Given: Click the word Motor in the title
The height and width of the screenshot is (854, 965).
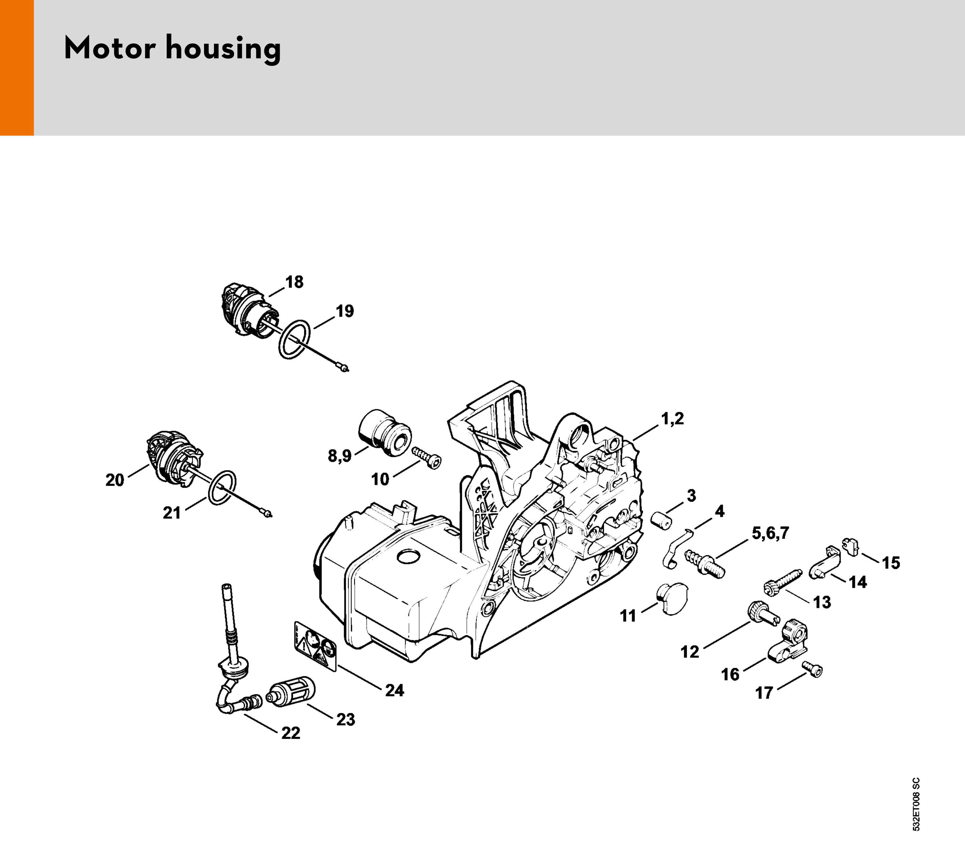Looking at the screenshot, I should click(x=110, y=48).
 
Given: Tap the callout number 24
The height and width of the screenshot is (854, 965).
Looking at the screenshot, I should click(x=394, y=690).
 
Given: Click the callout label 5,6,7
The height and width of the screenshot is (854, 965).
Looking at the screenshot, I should click(x=770, y=533).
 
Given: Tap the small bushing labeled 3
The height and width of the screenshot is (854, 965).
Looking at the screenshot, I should click(x=660, y=520).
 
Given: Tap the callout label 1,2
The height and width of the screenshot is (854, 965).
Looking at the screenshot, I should click(x=672, y=418).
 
